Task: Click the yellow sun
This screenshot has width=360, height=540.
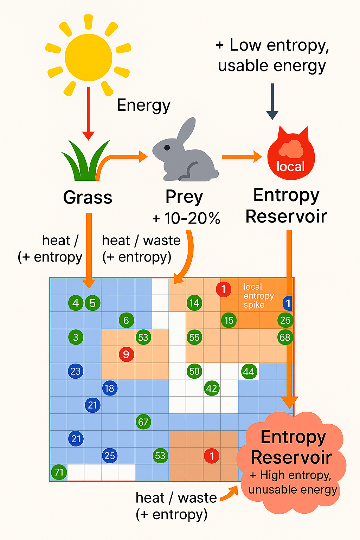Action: pos(88,57)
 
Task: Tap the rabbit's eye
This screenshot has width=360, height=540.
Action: pos(167,148)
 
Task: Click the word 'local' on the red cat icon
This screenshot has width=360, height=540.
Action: pos(290,166)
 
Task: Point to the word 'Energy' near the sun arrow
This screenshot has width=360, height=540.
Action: pos(143,105)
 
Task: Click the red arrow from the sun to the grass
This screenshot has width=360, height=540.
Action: pos(88,112)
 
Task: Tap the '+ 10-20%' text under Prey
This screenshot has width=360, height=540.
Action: pos(186,218)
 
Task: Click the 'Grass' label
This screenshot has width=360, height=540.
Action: pos(88,197)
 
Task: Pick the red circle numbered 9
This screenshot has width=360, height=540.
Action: pos(126,354)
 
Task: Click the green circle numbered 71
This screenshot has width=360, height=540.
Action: pos(59,472)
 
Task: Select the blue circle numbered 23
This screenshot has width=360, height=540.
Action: pos(76,371)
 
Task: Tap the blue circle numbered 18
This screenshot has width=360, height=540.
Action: pos(109,388)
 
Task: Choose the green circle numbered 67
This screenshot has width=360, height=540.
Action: pos(143,422)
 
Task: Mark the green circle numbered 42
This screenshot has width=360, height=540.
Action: pos(212,388)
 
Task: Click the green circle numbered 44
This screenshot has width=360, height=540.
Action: pos(249,372)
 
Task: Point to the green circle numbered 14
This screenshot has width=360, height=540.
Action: pos(194,303)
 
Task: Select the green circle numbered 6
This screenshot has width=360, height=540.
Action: pos(126,320)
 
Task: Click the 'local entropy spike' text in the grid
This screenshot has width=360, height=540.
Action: pos(258,296)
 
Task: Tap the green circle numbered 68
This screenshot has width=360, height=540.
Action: pos(285,337)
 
